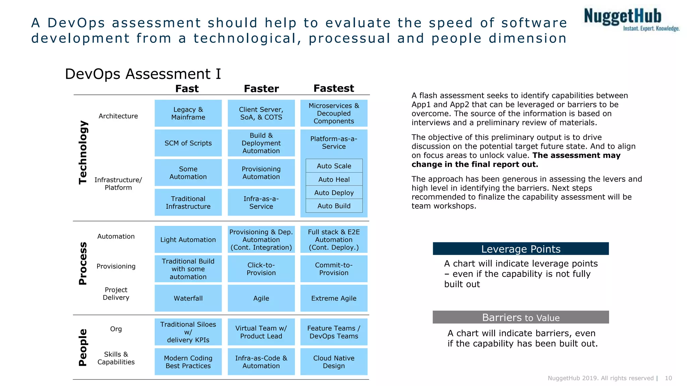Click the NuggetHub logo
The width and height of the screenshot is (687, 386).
(x=631, y=19)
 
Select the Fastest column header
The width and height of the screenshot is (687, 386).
(x=333, y=88)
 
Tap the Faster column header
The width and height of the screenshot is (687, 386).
(x=261, y=88)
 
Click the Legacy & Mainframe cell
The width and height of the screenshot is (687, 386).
(x=188, y=113)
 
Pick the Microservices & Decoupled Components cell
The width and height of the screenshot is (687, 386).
(x=333, y=113)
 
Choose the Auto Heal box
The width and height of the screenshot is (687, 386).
(x=334, y=179)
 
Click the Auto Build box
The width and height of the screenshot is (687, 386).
(x=334, y=206)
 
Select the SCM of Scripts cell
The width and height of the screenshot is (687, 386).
(x=188, y=143)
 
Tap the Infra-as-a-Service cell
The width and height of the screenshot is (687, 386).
(x=261, y=202)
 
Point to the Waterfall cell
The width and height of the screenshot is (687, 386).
(x=188, y=298)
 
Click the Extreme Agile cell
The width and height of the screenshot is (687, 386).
(x=333, y=298)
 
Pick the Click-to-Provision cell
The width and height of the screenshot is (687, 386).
(x=261, y=269)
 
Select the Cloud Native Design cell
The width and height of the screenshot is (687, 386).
(x=333, y=362)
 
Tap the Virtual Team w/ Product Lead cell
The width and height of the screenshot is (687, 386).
(x=261, y=332)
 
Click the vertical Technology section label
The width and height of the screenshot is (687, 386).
(x=83, y=152)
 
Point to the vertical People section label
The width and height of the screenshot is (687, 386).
(x=83, y=347)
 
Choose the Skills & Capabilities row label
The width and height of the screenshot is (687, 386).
(x=116, y=358)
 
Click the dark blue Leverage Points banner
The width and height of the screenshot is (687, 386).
(x=521, y=249)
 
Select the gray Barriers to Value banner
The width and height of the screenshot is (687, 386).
(x=521, y=317)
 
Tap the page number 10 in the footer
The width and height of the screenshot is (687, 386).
(x=668, y=378)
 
